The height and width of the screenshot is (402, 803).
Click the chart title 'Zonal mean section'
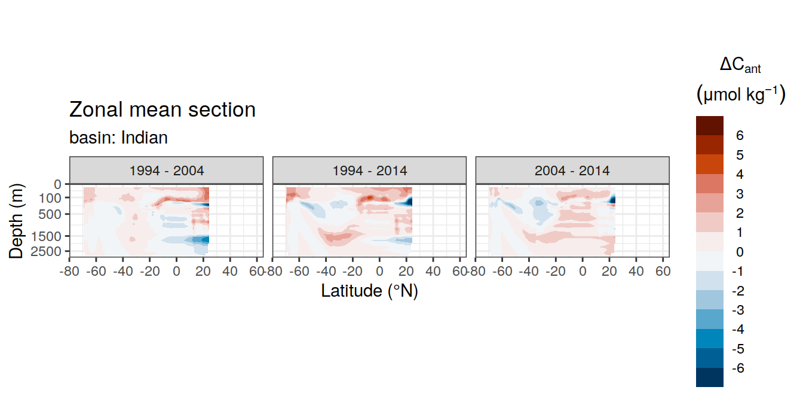click(162, 109)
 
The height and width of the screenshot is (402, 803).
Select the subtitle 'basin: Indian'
click(118, 138)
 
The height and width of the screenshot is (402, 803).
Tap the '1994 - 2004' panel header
click(166, 170)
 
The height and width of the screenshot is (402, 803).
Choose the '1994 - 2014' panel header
click(370, 170)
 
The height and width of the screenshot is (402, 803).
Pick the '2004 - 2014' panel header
click(572, 170)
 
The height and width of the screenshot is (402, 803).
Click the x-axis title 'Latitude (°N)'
click(369, 291)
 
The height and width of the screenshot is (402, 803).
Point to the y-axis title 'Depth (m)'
click(16, 221)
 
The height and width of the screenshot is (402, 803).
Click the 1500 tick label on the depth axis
click(46, 236)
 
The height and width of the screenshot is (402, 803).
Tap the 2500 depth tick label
click(46, 251)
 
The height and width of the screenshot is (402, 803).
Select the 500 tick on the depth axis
click(50, 214)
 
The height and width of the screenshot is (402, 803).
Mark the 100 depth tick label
click(50, 198)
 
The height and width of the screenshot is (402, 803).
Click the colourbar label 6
click(740, 135)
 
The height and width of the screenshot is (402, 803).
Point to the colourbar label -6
click(738, 368)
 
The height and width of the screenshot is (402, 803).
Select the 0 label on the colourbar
click(740, 252)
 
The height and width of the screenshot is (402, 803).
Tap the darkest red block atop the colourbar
click(709, 126)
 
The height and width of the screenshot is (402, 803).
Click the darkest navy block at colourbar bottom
click(709, 377)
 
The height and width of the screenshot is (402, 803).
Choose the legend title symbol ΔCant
click(740, 65)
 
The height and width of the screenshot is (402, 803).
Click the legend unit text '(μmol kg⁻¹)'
click(741, 95)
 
